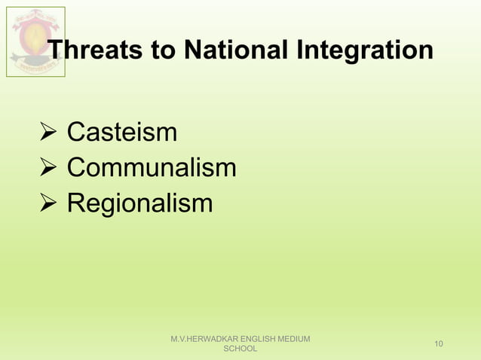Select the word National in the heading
[232, 50]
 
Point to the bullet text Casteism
[122, 133]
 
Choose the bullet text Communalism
[152, 168]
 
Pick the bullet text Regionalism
[139, 203]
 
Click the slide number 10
[439, 344]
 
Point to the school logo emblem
[35, 41]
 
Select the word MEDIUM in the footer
[294, 339]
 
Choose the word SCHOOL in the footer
[241, 349]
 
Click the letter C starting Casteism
[75, 133]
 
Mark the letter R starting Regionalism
[76, 203]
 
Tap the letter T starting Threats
[57, 50]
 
